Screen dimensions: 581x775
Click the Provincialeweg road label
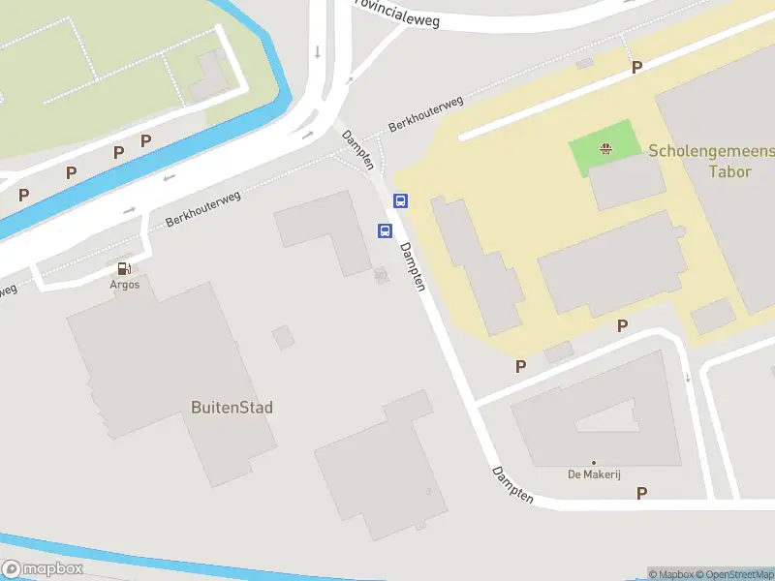click(397, 12)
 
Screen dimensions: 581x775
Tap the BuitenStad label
click(232, 408)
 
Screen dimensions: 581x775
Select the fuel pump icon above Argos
click(124, 269)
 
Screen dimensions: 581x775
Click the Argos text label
click(124, 285)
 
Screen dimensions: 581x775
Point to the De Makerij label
click(593, 474)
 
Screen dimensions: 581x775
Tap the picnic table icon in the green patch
click(605, 148)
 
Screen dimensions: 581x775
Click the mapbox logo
click(43, 569)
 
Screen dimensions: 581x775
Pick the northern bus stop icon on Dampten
click(400, 201)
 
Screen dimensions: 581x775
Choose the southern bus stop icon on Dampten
click(385, 230)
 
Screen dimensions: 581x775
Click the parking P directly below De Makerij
click(641, 494)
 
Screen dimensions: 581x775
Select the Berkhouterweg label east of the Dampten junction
click(425, 113)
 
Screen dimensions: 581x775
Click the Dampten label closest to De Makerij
click(512, 484)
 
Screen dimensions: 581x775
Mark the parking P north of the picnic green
click(636, 68)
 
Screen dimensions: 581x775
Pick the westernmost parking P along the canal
click(23, 195)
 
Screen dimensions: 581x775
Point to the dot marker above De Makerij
click(593, 462)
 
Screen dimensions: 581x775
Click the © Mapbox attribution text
click(671, 575)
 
